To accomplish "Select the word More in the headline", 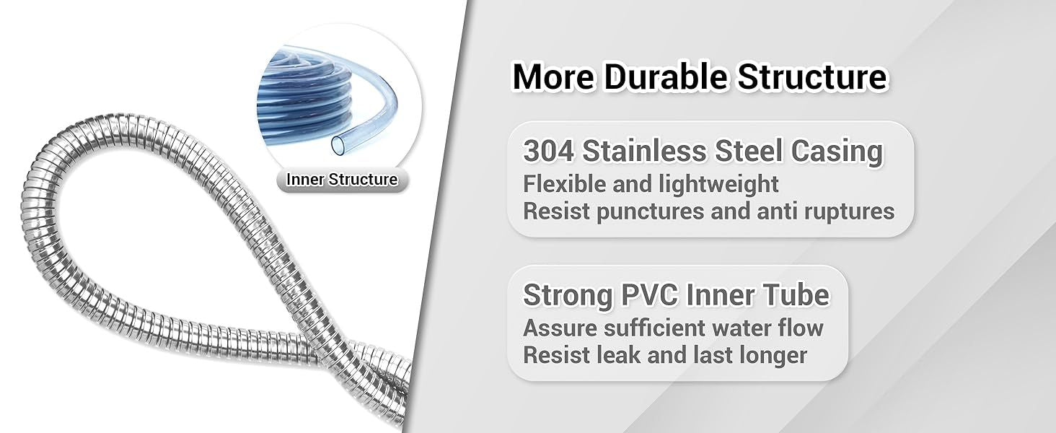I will pos(554,77).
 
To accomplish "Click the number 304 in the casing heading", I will pos(547,152).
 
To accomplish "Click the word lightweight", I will pos(718,184).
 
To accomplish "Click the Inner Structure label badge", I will pos(342,180).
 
